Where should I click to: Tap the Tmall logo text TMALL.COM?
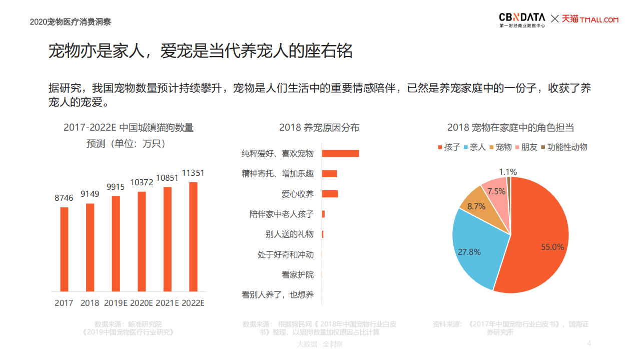click(x=599, y=20)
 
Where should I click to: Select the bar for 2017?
click(x=64, y=249)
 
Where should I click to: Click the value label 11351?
click(x=193, y=173)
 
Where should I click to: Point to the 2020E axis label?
click(x=142, y=303)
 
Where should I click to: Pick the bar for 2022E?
click(x=193, y=236)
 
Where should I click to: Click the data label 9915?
click(x=116, y=187)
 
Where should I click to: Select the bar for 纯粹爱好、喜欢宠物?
click(x=340, y=153)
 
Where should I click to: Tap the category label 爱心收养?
click(x=297, y=194)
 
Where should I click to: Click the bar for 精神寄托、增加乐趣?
click(x=329, y=174)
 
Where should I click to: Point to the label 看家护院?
click(x=297, y=275)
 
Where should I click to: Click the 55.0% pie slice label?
click(x=552, y=247)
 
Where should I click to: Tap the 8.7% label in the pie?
click(x=476, y=206)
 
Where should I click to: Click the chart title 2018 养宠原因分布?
click(x=319, y=128)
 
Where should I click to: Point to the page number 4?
click(x=589, y=343)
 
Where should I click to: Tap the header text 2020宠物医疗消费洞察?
click(x=70, y=22)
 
